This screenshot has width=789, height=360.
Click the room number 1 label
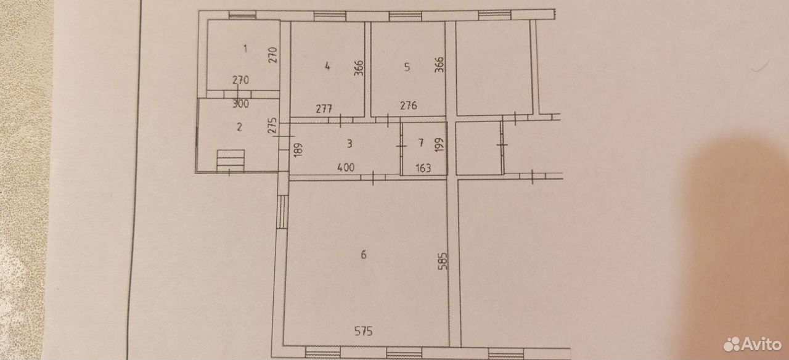[245, 49]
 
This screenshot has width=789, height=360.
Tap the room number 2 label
[240, 127]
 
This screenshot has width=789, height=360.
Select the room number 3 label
[350, 144]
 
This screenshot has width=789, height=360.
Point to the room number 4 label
[327, 66]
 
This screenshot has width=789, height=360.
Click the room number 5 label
[407, 67]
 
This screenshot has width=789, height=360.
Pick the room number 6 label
[364, 255]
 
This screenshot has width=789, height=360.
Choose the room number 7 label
[420, 142]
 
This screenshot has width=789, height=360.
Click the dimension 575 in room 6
[364, 332]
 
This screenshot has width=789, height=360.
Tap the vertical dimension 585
[443, 261]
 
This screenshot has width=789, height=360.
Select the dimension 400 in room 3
[346, 167]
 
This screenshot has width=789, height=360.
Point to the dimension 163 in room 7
[423, 168]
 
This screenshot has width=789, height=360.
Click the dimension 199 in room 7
[439, 145]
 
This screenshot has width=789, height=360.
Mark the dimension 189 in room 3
[298, 150]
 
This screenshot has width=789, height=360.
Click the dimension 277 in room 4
[324, 108]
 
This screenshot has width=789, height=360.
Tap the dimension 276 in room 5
[409, 105]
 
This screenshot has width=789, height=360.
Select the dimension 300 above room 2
[241, 104]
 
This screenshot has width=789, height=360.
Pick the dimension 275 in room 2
[272, 126]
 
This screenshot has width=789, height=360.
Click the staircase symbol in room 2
[231, 161]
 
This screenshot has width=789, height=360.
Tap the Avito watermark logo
[753, 344]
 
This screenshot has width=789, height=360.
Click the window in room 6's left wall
[282, 212]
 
